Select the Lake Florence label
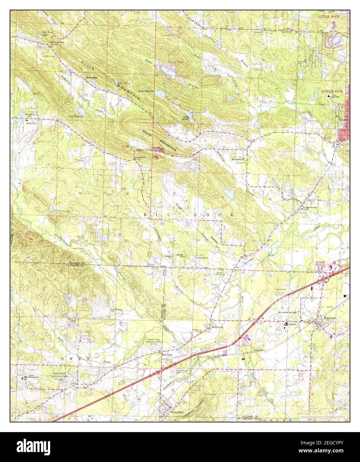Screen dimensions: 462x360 (75, 116)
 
